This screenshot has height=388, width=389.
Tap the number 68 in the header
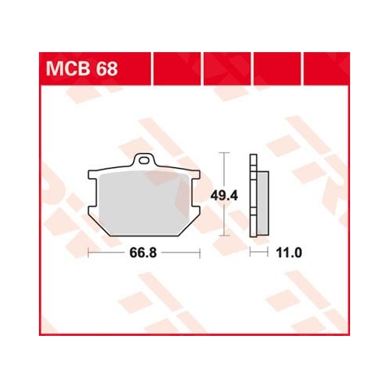pos(107,68)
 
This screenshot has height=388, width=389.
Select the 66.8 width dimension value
pos(143,253)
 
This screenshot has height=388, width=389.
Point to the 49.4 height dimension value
pos(224,195)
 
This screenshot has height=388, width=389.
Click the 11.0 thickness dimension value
pos(289,253)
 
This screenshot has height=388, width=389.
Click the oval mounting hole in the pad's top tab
pos(144,160)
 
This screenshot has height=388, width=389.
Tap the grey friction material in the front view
pos(144,203)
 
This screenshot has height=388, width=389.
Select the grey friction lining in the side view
pos(263,203)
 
